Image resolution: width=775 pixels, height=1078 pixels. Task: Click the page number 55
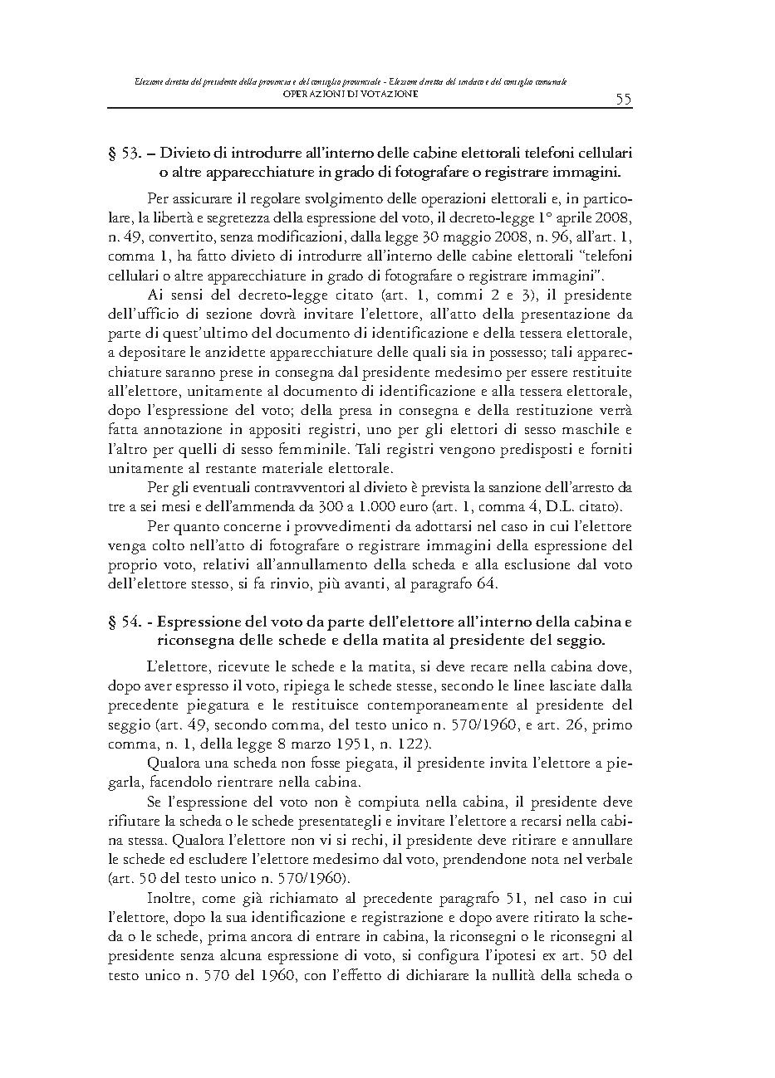tap(623, 100)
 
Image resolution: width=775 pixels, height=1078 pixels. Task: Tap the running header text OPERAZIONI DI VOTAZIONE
tap(350, 94)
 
